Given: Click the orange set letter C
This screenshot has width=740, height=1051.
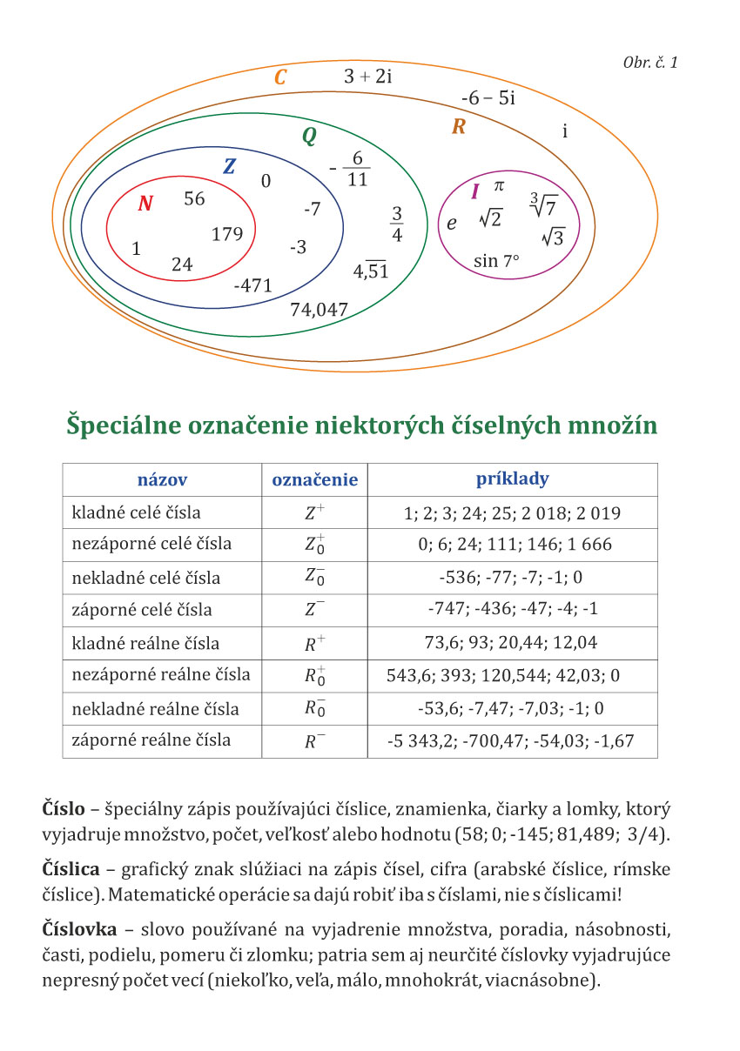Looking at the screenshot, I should (279, 78).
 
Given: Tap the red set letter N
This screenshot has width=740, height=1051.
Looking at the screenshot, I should (145, 204).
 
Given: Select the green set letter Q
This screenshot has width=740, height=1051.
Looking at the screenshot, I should (308, 137).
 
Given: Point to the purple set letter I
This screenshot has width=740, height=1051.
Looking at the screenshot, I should (474, 192).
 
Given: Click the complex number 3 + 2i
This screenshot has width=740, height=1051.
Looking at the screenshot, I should (368, 77).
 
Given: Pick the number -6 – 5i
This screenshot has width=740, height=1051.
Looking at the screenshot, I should (488, 98).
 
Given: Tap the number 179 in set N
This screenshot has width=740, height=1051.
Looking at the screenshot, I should (227, 234).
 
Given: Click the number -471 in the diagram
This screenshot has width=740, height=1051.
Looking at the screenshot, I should (253, 285).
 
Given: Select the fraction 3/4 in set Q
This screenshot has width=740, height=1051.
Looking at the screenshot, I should (396, 224).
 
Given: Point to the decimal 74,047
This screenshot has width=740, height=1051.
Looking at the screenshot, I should (319, 309).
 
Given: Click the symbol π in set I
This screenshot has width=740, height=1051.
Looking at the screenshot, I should (499, 185).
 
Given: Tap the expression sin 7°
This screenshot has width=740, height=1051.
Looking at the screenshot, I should (496, 260).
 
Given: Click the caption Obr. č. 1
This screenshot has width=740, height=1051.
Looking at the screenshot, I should (650, 63).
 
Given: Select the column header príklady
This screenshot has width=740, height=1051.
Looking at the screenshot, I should (512, 479).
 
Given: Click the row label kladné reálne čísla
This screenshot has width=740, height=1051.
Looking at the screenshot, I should (145, 644).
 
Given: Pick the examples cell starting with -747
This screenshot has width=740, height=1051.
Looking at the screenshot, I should (512, 611).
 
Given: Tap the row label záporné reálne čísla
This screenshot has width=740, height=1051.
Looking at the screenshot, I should (151, 740).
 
